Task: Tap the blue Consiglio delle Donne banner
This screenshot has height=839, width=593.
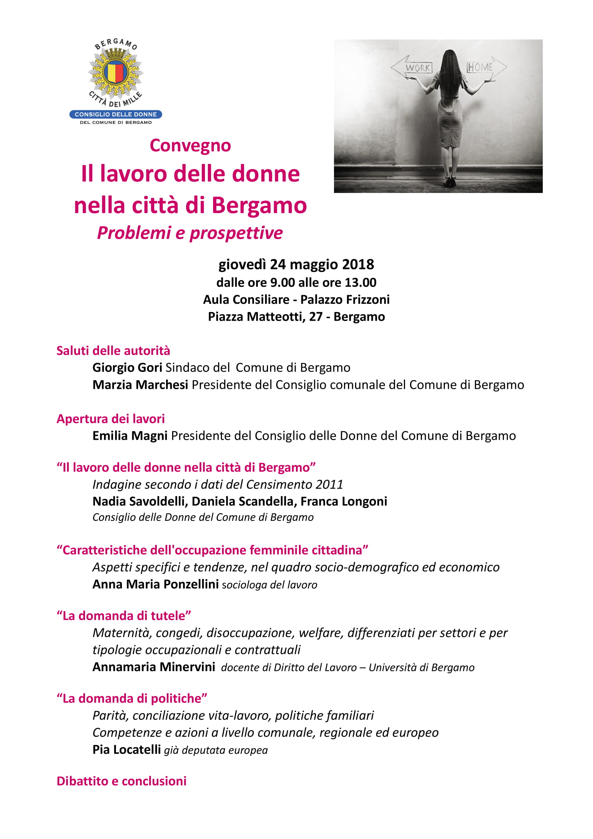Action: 116,114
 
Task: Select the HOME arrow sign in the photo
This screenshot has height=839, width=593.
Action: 486,67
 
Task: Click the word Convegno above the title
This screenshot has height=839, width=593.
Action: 190,145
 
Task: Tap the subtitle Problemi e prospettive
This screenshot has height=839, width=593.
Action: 190,233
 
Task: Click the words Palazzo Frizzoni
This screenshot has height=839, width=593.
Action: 345,300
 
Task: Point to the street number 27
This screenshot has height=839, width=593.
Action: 316,316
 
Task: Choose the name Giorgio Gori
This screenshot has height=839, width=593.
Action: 127,368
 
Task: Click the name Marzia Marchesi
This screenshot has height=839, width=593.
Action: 140,385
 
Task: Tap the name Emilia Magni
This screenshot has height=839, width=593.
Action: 130,435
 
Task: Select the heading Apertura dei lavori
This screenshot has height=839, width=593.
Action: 110,418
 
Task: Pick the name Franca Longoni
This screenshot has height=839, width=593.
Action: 343,501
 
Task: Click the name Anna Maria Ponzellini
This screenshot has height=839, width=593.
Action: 155,584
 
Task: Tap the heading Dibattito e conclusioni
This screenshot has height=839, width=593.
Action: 121,781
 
